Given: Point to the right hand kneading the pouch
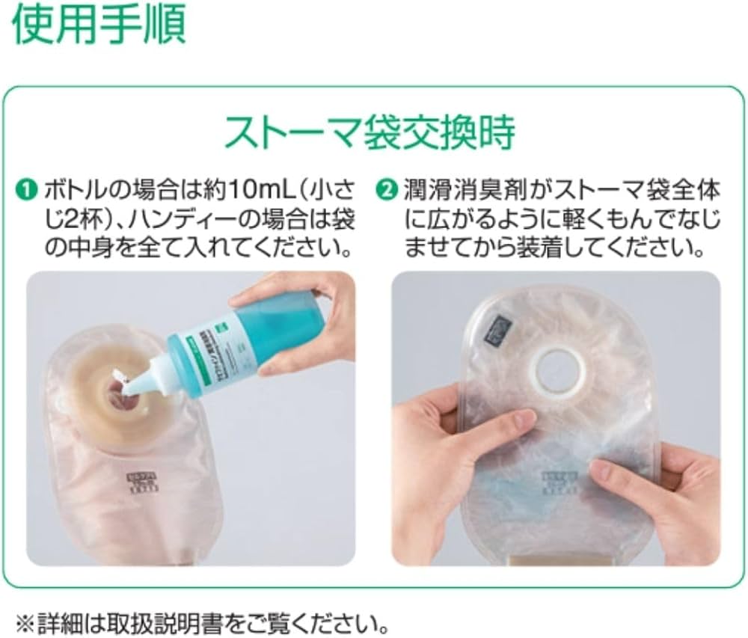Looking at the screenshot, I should tap(651, 486).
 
